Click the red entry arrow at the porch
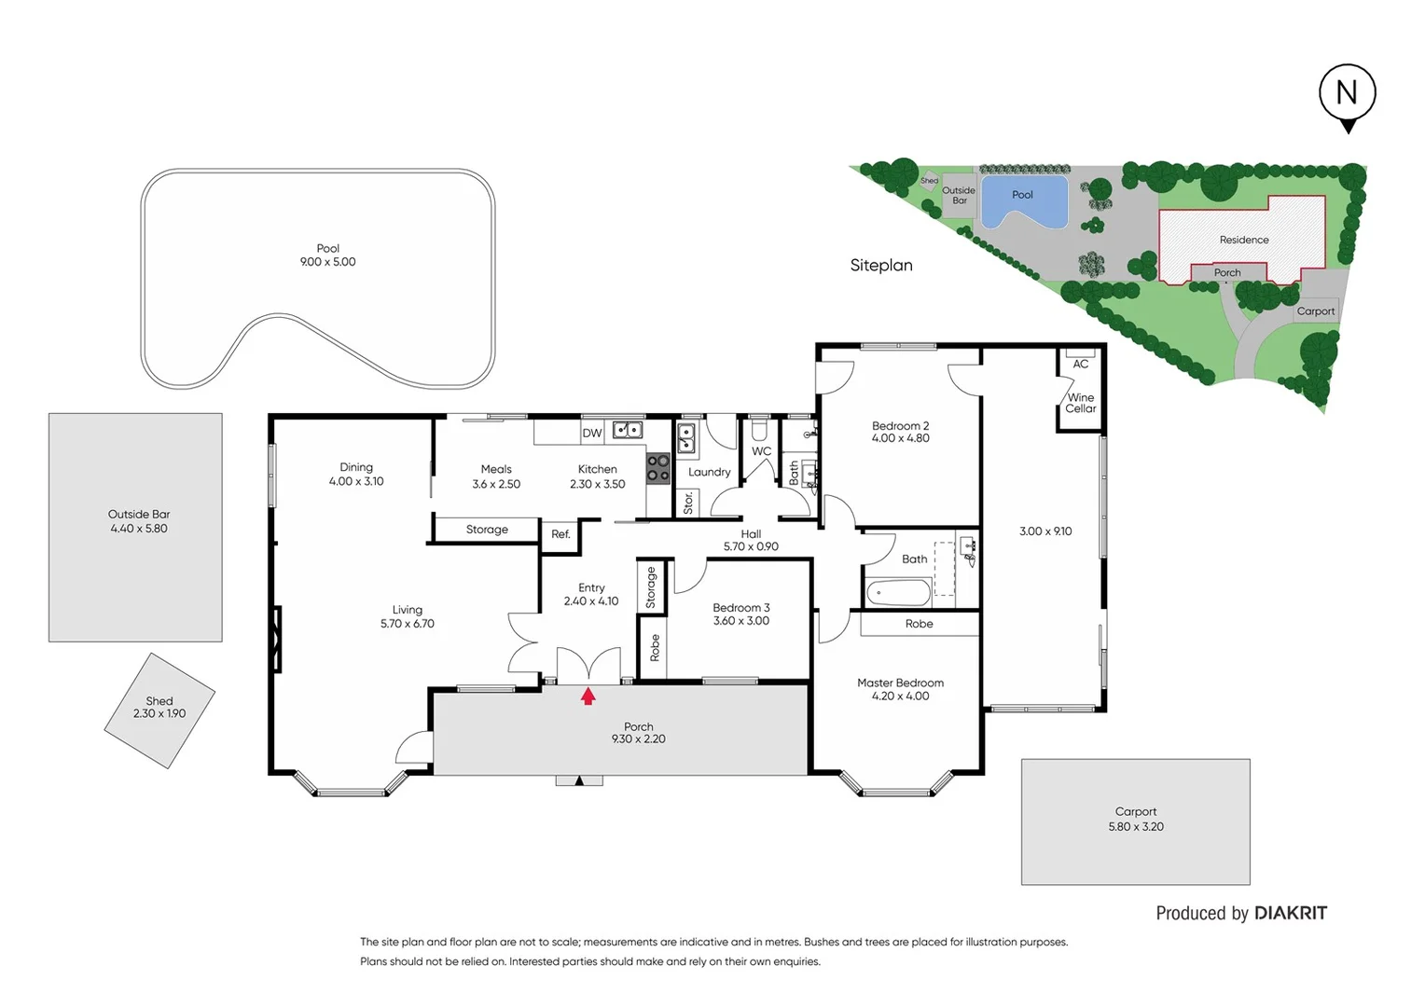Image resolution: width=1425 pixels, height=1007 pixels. pos(588,696)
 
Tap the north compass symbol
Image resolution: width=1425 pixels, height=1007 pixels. pos(1347,94)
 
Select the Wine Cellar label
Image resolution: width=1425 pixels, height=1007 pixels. pos(1081,403)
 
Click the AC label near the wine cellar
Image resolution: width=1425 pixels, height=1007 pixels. pos(1080,364)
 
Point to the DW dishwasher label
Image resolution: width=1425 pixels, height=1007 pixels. pos(592,433)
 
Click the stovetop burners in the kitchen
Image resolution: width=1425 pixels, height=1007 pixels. pos(658,468)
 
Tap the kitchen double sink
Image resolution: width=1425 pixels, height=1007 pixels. pos(628,430)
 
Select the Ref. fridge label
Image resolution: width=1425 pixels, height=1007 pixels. pos(560,534)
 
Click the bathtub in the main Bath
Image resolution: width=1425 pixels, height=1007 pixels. pos(898,593)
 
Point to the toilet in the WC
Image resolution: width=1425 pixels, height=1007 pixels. pos(759,430)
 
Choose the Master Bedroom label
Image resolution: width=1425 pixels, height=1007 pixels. pos(900,683)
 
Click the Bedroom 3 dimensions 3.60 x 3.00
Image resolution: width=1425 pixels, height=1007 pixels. pos(741,621)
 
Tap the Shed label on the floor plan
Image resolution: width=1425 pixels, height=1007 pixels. pos(159,701)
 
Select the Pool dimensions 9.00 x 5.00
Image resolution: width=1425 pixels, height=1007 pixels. pos(327,262)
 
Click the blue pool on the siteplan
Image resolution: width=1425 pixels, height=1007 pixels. pos(1023,202)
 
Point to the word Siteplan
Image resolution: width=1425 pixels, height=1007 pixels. pos(881,266)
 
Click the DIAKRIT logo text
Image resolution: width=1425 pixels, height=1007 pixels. pos(1291,913)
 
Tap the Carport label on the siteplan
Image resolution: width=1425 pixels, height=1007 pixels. pos(1315,311)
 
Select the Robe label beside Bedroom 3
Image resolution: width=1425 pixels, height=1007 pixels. pos(655,647)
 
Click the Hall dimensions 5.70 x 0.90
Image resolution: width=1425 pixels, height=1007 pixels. pos(751,547)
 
